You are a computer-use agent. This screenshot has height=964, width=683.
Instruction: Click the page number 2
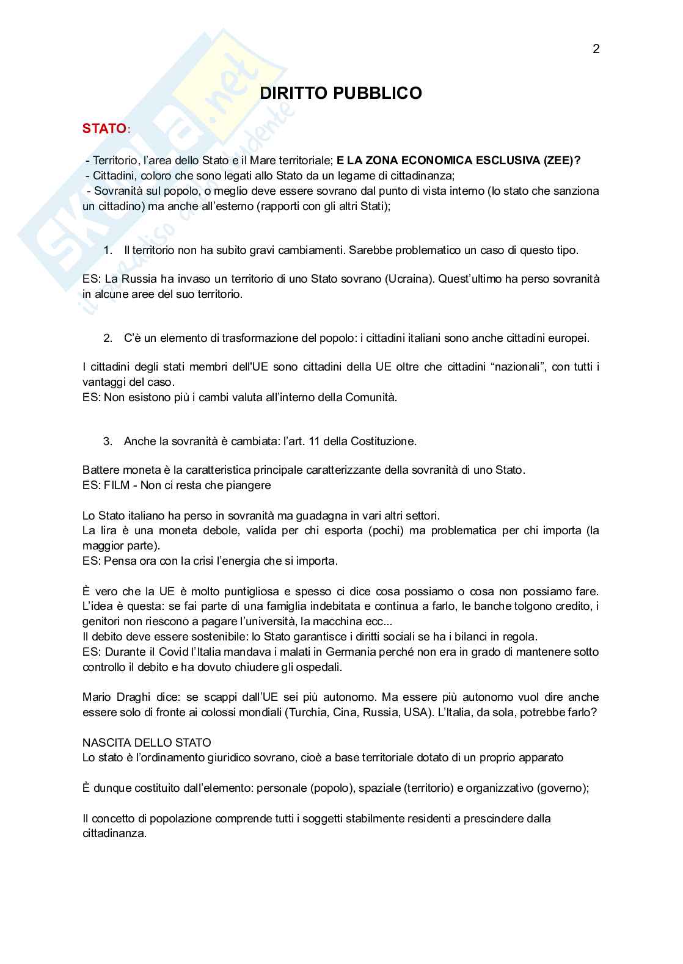coord(596,49)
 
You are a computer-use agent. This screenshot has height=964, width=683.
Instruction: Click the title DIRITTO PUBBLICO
coord(341,93)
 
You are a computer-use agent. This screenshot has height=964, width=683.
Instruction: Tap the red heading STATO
coord(104,129)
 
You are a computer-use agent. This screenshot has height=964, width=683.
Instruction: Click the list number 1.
coord(108,250)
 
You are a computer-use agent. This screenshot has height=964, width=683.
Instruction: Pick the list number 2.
coord(108,338)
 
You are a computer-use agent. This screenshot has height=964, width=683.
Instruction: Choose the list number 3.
coord(108,441)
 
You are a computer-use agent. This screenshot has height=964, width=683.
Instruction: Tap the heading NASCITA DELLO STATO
coord(147,743)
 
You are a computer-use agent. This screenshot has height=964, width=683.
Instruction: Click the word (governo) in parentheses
coord(562,788)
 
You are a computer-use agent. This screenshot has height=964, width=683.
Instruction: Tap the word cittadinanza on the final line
coord(114,833)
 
